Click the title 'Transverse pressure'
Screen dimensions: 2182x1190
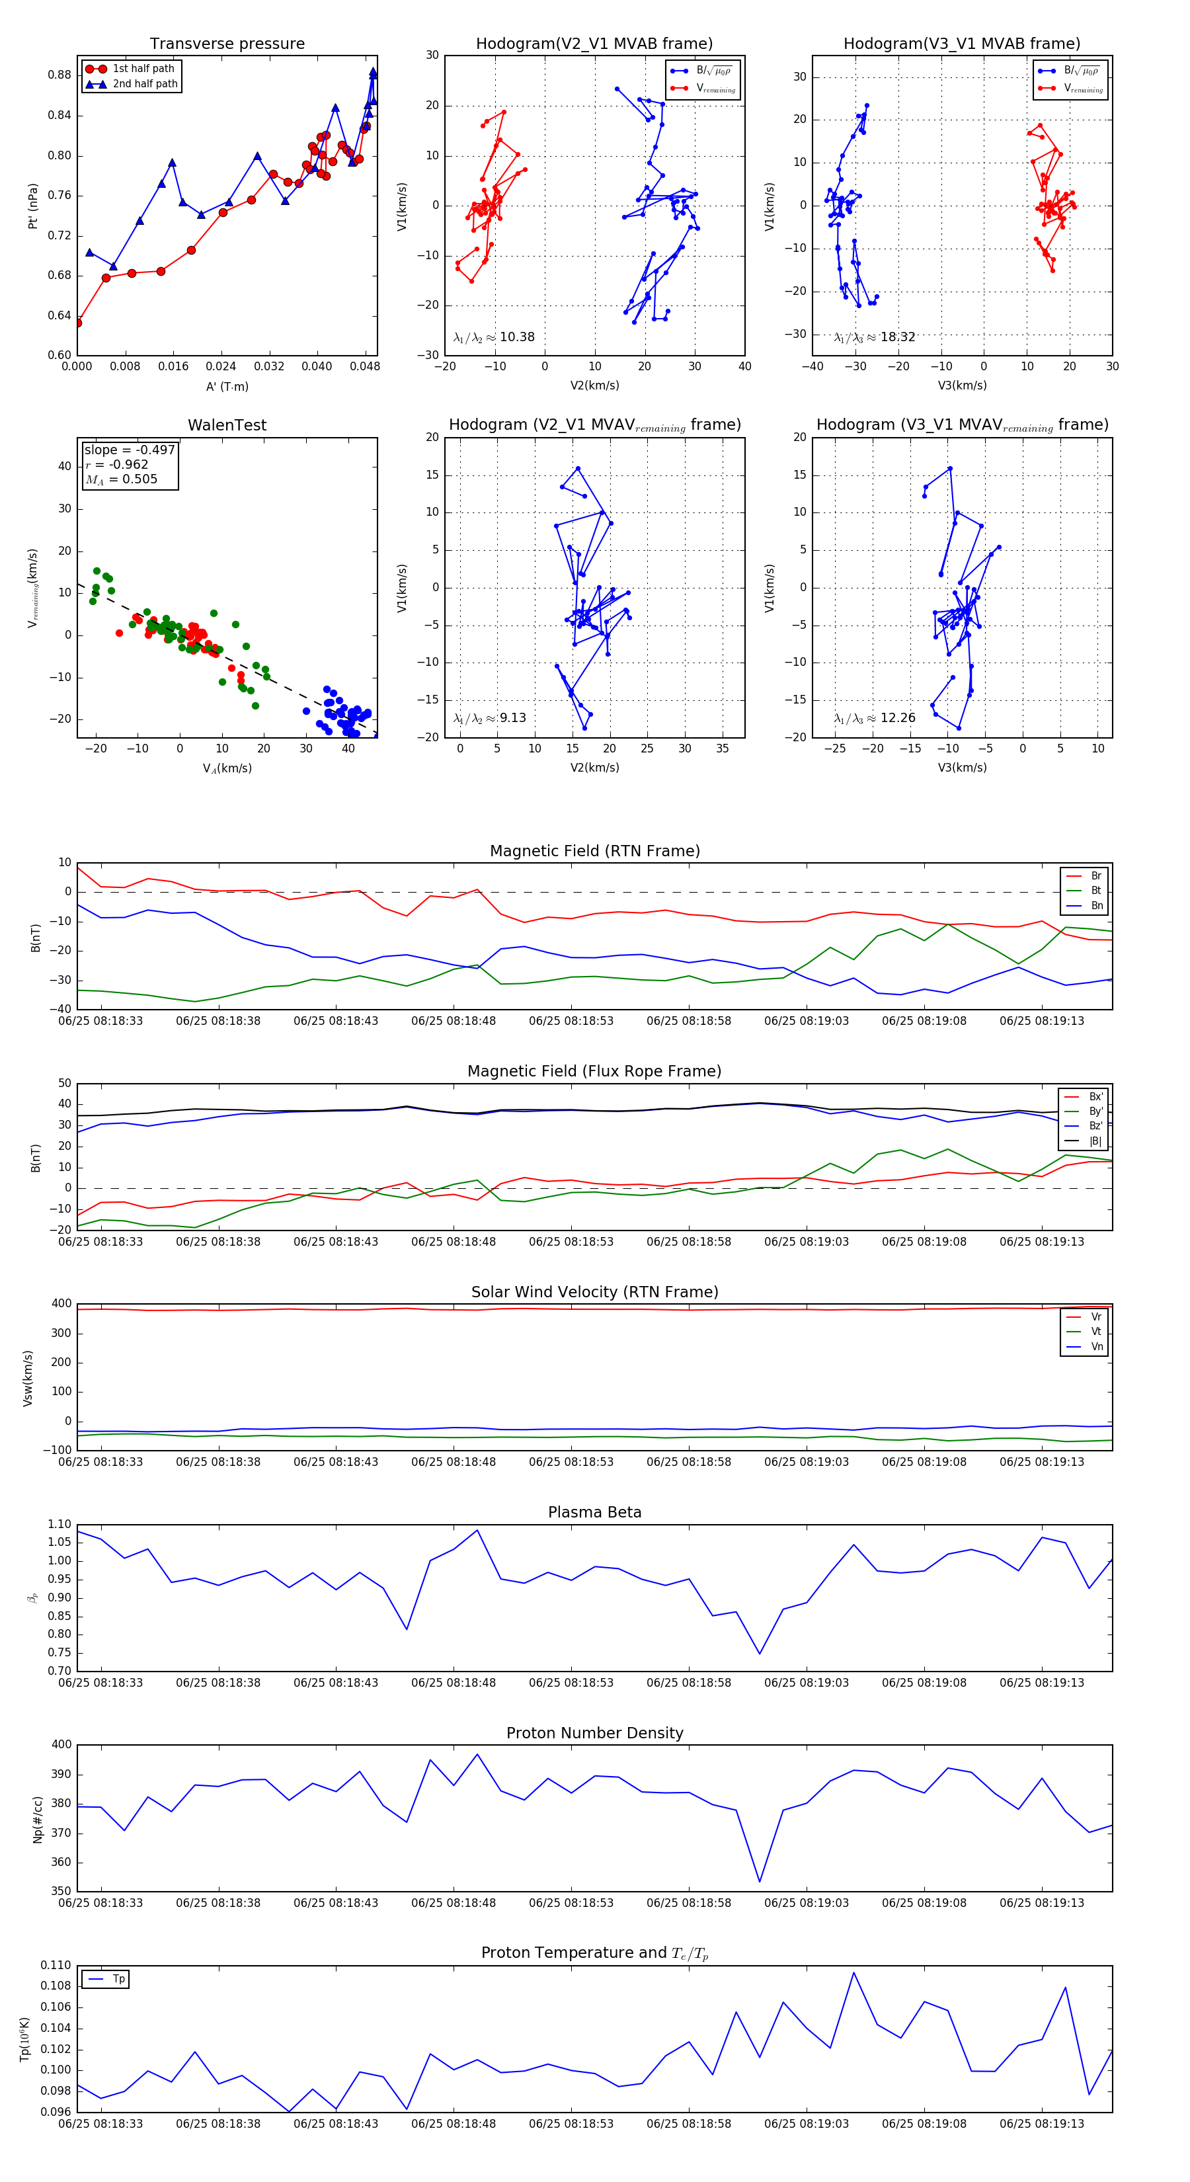click(x=227, y=44)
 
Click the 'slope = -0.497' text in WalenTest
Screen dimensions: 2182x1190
click(x=130, y=450)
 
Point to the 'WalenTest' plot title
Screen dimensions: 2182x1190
click(x=227, y=425)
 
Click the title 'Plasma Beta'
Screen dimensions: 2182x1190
click(x=594, y=1512)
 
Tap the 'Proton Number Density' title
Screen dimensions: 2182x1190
click(x=594, y=1733)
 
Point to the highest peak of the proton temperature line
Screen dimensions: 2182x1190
click(x=853, y=1973)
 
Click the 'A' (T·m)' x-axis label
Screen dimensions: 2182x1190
click(x=227, y=386)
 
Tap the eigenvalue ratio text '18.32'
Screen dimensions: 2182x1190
click(x=898, y=337)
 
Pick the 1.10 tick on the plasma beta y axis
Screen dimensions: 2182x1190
click(x=59, y=1525)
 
